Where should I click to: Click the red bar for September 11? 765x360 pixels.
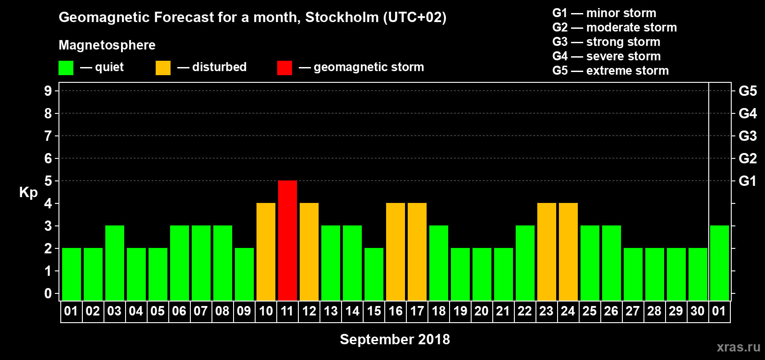pyautogui.click(x=288, y=240)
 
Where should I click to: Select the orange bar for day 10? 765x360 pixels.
pyautogui.click(x=266, y=252)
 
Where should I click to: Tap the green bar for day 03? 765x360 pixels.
pyautogui.click(x=115, y=263)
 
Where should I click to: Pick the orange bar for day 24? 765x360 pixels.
pyautogui.click(x=568, y=252)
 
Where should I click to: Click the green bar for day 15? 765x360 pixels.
pyautogui.click(x=374, y=274)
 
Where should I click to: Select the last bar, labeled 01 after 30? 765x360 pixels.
pyautogui.click(x=720, y=263)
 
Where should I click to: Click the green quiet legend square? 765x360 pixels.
pyautogui.click(x=66, y=68)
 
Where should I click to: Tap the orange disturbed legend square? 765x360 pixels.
pyautogui.click(x=163, y=68)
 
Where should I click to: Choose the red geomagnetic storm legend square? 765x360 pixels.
pyautogui.click(x=284, y=68)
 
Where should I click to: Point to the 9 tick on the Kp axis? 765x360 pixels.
pyautogui.click(x=48, y=91)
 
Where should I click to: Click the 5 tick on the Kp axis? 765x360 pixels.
pyautogui.click(x=48, y=181)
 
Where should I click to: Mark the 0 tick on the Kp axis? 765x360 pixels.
pyautogui.click(x=48, y=293)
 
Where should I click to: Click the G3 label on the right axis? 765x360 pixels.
pyautogui.click(x=747, y=136)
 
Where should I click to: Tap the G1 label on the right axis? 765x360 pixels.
pyautogui.click(x=747, y=181)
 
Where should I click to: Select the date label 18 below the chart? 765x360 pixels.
pyautogui.click(x=439, y=311)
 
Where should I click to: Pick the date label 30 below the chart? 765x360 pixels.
pyautogui.click(x=697, y=311)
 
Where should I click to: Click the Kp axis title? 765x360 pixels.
pyautogui.click(x=28, y=193)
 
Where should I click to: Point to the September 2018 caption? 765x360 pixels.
pyautogui.click(x=395, y=339)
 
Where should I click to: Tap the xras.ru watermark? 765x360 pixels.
pyautogui.click(x=738, y=347)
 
